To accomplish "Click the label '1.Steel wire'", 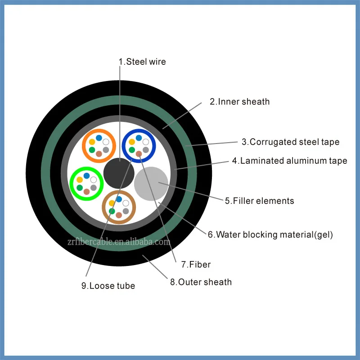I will (x=142, y=62).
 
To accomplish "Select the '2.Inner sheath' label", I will (x=239, y=102).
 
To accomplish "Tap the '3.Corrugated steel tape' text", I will (x=290, y=142).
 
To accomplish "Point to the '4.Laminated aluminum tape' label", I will (x=289, y=161).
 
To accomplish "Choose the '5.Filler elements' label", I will (x=259, y=201).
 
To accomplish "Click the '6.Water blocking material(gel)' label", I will (x=270, y=234).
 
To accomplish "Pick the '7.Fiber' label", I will (x=196, y=265).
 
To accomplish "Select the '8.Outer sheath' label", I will (x=201, y=282).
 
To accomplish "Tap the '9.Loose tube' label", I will (x=108, y=285).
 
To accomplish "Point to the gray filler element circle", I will (x=151, y=183).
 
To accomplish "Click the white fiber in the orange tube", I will (x=106, y=142).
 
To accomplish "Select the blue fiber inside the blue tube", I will (x=139, y=138).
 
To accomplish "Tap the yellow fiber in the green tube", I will (x=80, y=180).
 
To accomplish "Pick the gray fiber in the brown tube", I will (x=126, y=211).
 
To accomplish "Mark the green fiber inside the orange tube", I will (x=92, y=150).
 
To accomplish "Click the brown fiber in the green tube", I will (x=86, y=192).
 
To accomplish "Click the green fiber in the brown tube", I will (x=112, y=211).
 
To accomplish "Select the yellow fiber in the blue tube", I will (x=132, y=142).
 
